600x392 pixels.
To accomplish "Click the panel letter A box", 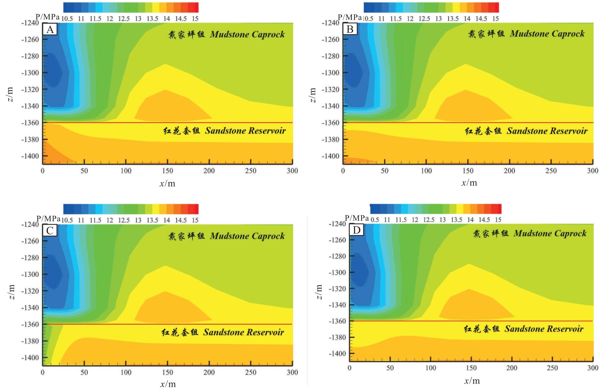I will (x=50, y=30).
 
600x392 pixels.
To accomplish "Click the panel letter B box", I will (x=350, y=30).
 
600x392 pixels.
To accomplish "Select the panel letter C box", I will (x=50, y=231).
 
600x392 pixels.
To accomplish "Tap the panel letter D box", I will (x=357, y=230).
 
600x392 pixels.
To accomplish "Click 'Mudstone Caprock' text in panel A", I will (x=247, y=34).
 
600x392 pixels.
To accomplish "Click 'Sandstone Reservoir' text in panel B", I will (x=547, y=131).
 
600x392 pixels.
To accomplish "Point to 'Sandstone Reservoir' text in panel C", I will (x=243, y=332).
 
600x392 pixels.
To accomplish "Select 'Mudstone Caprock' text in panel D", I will (x=550, y=234).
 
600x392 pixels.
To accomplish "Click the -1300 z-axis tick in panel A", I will (x=30, y=73).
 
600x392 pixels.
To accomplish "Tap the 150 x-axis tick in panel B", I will (x=468, y=171).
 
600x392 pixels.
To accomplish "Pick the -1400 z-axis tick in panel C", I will (x=30, y=358).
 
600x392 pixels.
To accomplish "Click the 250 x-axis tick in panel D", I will (x=552, y=368).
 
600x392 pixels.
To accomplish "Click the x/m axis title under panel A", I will (x=167, y=183).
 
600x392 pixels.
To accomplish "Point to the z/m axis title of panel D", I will (x=319, y=292).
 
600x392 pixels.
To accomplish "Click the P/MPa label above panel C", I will (x=48, y=219).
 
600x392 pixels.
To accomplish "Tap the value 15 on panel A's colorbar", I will (x=195, y=18).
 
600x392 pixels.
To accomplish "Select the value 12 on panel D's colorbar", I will (x=415, y=220).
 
